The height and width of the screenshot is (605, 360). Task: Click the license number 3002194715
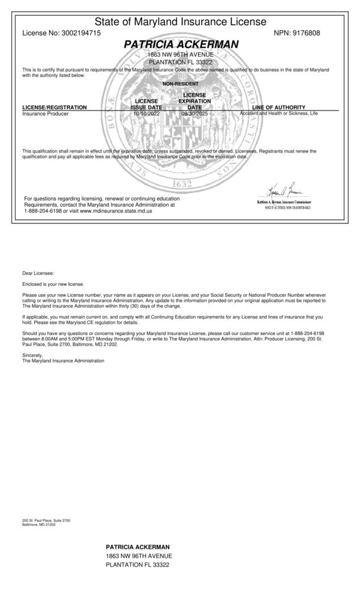pyautogui.click(x=80, y=33)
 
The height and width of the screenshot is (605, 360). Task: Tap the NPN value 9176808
pyautogui.click(x=306, y=33)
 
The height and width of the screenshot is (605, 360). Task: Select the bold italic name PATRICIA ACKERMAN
pyautogui.click(x=181, y=44)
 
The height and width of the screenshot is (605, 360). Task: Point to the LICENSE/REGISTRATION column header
pyautogui.click(x=54, y=107)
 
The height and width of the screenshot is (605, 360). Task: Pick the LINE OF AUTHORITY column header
pyautogui.click(x=278, y=107)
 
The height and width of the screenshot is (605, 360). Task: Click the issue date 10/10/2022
pyautogui.click(x=146, y=113)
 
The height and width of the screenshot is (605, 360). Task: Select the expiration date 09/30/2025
pyautogui.click(x=195, y=113)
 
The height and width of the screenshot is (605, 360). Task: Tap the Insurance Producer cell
pyautogui.click(x=45, y=113)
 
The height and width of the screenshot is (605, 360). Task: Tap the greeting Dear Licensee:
pyautogui.click(x=38, y=273)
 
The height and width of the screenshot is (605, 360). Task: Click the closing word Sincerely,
pyautogui.click(x=33, y=355)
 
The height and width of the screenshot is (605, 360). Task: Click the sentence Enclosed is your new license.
pyautogui.click(x=53, y=284)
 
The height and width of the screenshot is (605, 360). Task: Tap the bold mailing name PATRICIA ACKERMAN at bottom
pyautogui.click(x=138, y=547)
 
